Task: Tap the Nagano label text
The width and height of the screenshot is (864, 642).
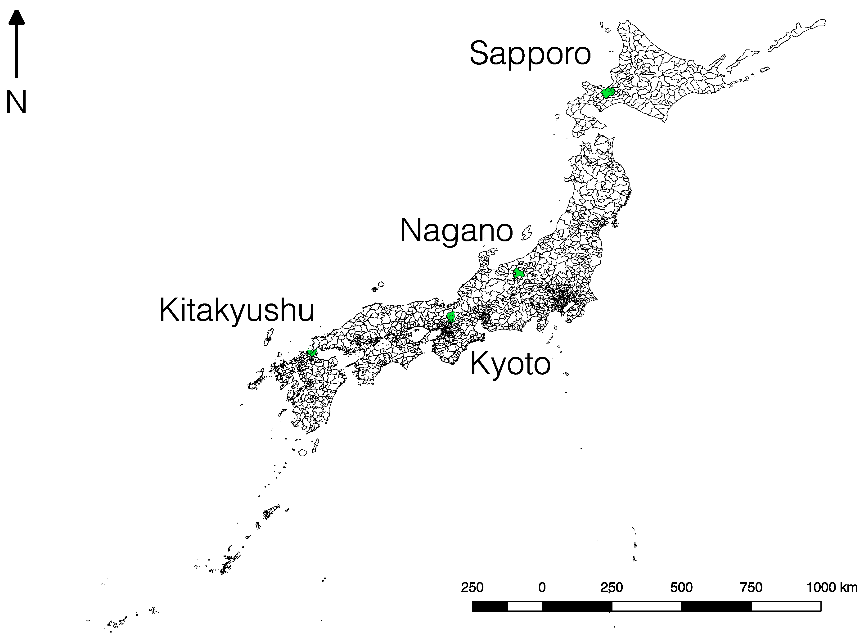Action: [456, 231]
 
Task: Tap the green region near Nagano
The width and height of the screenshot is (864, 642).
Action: [518, 273]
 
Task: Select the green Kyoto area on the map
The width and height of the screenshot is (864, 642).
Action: [451, 317]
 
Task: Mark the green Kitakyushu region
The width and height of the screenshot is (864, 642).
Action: [312, 353]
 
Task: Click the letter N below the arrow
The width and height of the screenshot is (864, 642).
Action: [16, 102]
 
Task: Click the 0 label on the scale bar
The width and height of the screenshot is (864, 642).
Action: [542, 587]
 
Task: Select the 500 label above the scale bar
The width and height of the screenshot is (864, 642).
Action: [681, 587]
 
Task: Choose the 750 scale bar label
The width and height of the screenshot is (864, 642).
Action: [751, 587]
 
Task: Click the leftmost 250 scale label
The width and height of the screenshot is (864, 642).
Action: [472, 587]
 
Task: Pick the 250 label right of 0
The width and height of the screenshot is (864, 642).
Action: [612, 587]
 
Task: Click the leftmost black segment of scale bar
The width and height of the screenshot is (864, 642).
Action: [490, 606]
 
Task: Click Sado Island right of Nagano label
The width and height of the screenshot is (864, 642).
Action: [527, 233]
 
